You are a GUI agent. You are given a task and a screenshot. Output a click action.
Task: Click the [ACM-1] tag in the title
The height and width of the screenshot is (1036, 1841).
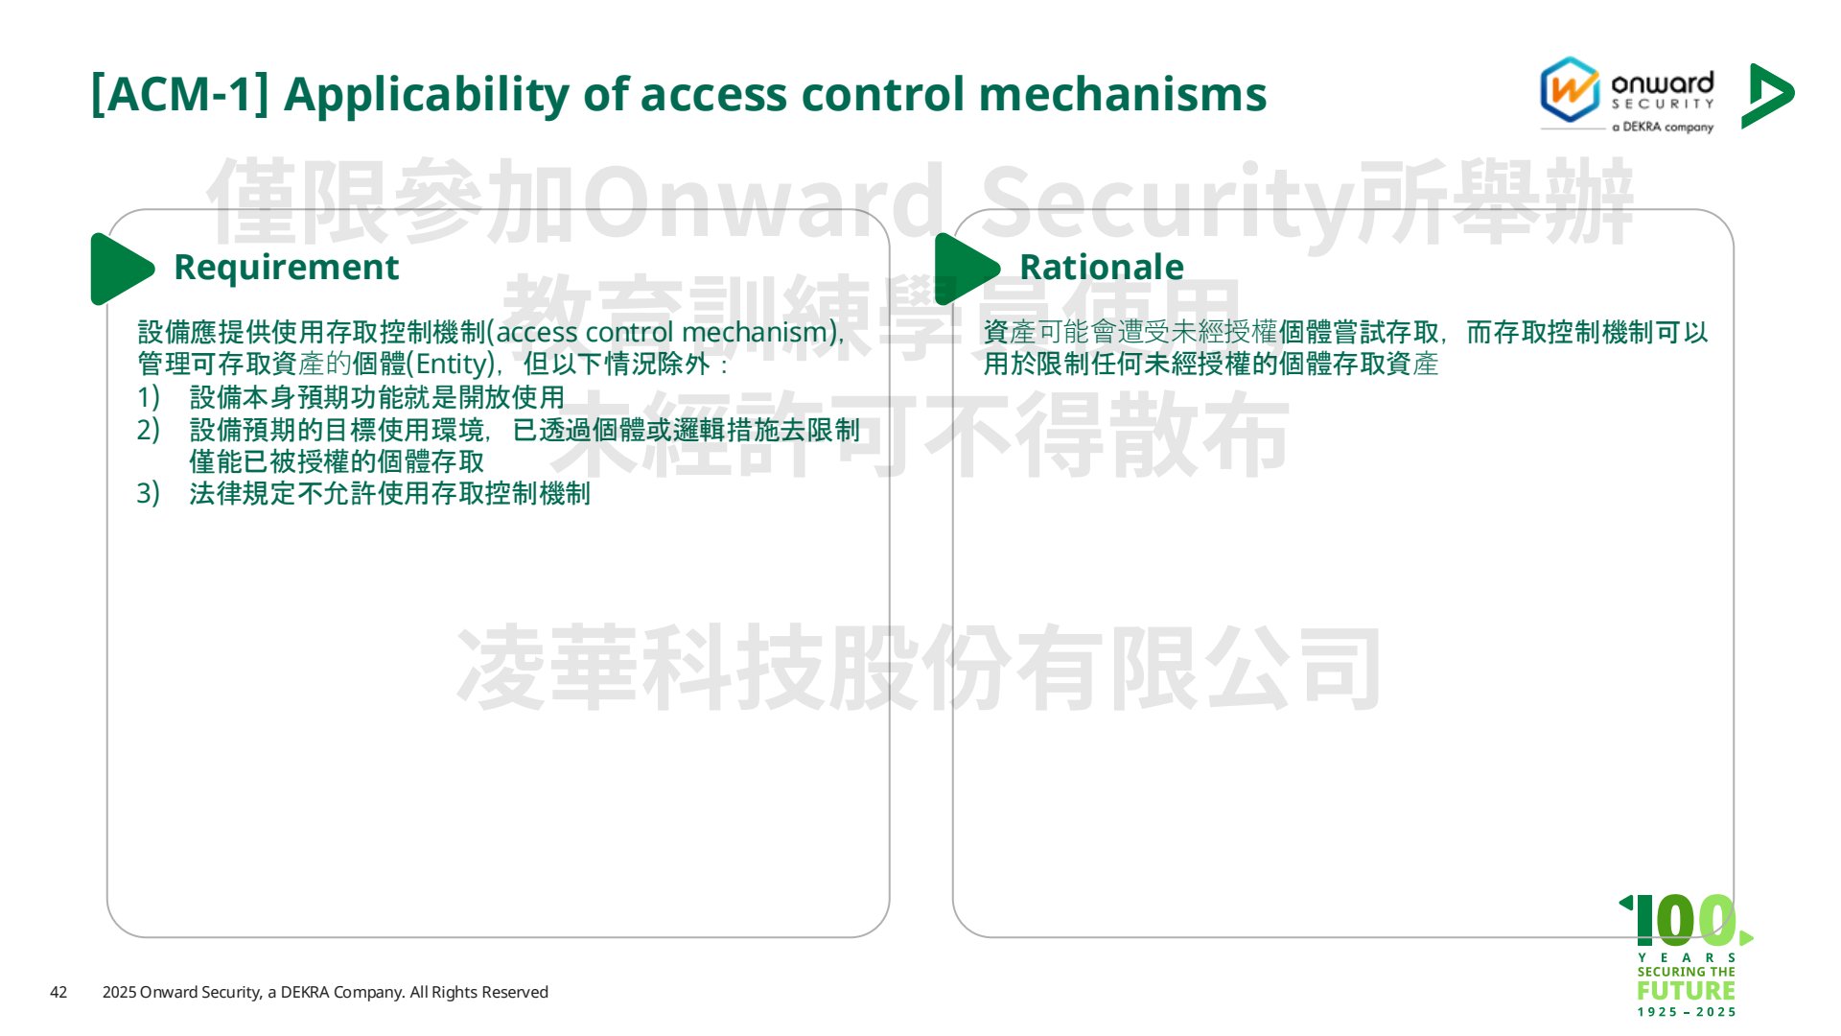tap(179, 95)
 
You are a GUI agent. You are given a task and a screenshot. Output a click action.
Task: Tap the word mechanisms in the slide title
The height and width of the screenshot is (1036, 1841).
tap(1123, 95)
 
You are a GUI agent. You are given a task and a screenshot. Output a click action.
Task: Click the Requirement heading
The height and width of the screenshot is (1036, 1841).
tap(286, 267)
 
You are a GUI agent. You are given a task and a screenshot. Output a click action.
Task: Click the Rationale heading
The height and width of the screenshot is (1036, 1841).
tap(1102, 267)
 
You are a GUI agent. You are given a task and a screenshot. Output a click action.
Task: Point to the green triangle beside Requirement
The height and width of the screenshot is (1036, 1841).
tap(122, 269)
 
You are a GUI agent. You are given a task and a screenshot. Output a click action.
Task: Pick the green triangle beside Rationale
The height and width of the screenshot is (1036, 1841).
tap(967, 269)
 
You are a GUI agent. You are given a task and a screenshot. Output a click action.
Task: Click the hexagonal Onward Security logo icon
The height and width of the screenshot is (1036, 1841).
tap(1570, 90)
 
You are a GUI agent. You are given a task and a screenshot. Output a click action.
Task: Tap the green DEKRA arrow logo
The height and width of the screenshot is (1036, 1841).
tap(1767, 95)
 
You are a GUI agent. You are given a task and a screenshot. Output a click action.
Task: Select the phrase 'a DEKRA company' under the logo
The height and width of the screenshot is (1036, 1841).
tap(1663, 127)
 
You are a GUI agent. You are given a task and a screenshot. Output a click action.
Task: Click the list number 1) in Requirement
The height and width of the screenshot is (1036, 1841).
tap(148, 397)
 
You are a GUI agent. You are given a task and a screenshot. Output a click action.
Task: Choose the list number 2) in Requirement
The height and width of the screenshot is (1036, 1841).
tap(148, 430)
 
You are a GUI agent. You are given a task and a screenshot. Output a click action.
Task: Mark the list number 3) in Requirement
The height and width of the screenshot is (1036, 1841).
tap(148, 493)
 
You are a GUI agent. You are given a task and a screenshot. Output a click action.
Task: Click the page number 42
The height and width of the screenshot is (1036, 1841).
tap(58, 992)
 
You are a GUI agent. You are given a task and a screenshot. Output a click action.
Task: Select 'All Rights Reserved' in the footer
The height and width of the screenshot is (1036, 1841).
tap(479, 992)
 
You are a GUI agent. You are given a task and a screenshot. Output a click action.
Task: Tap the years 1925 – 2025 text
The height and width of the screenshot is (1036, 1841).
tap(1687, 1012)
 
